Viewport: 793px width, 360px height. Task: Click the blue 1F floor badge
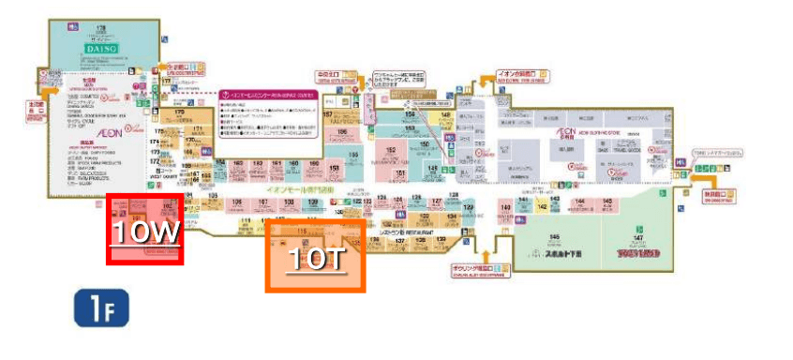point(95,309)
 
